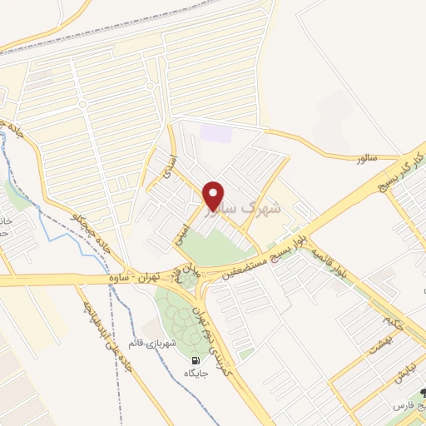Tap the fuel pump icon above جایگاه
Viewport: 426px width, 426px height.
(x=196, y=360)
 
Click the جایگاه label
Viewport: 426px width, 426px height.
(x=196, y=374)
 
